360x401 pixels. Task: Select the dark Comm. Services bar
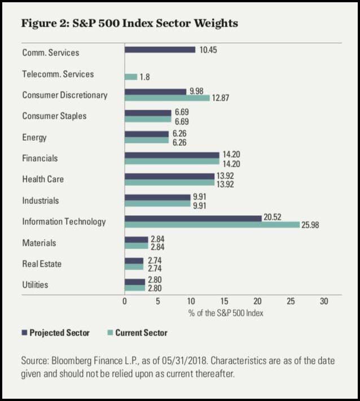click(160, 50)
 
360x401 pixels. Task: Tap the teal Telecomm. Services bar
click(131, 77)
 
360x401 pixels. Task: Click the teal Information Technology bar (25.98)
click(212, 225)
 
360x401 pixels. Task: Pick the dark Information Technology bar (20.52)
click(193, 218)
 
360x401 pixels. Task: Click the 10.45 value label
click(208, 50)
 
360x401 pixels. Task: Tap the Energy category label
click(34, 137)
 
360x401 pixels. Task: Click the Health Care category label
click(43, 179)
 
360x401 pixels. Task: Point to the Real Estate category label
click(42, 263)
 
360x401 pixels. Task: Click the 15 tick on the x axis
click(225, 301)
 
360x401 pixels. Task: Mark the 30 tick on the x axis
click(324, 301)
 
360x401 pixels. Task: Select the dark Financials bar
click(172, 155)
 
